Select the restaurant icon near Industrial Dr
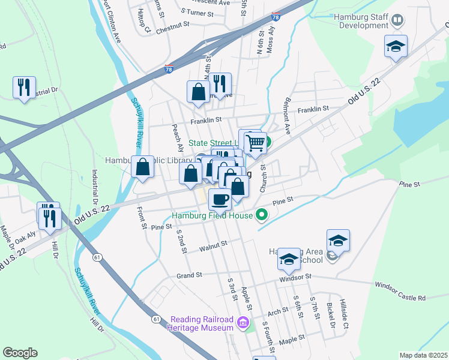tap(24, 88)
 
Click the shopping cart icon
tap(256, 143)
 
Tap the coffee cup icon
tap(220, 198)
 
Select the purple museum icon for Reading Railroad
tap(243, 323)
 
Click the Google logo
tap(20, 353)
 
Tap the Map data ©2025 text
tap(423, 355)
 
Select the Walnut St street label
tap(214, 245)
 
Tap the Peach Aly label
tap(178, 137)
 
